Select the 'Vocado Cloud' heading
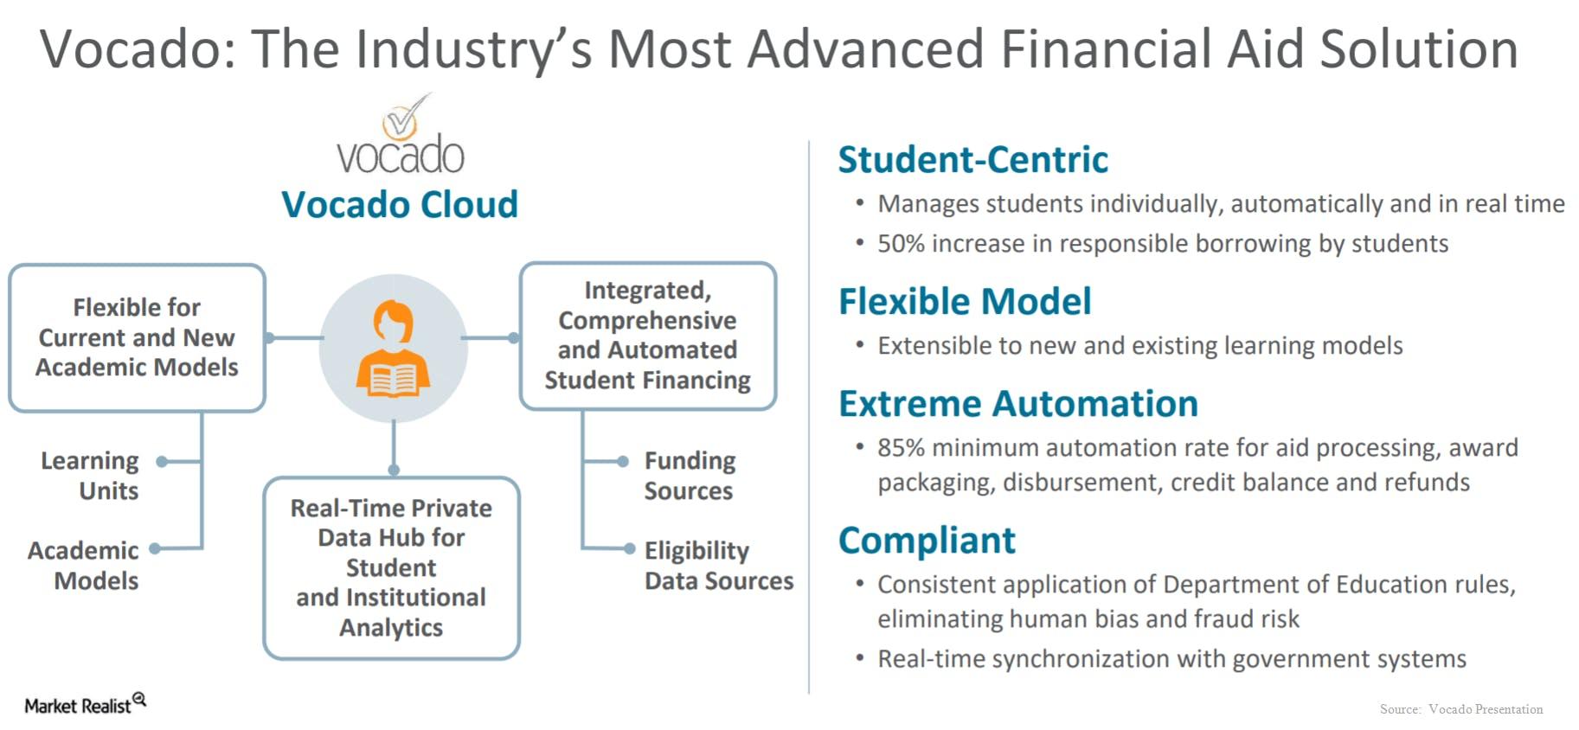tap(400, 205)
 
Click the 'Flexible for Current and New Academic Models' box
tap(137, 337)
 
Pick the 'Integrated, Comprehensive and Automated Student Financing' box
tap(648, 336)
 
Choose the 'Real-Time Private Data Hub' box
tap(391, 567)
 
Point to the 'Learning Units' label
tap(90, 475)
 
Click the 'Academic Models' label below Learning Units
tap(83, 565)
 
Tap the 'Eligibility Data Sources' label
tap(719, 565)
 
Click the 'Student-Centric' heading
tap(973, 160)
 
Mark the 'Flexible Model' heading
tap(965, 302)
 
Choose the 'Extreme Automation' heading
tap(1018, 404)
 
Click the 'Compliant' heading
tap(927, 541)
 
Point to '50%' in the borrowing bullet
tap(902, 244)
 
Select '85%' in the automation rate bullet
tap(902, 448)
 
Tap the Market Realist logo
tap(85, 704)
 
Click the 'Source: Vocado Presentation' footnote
tap(1461, 709)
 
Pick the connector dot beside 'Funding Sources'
tap(622, 462)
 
